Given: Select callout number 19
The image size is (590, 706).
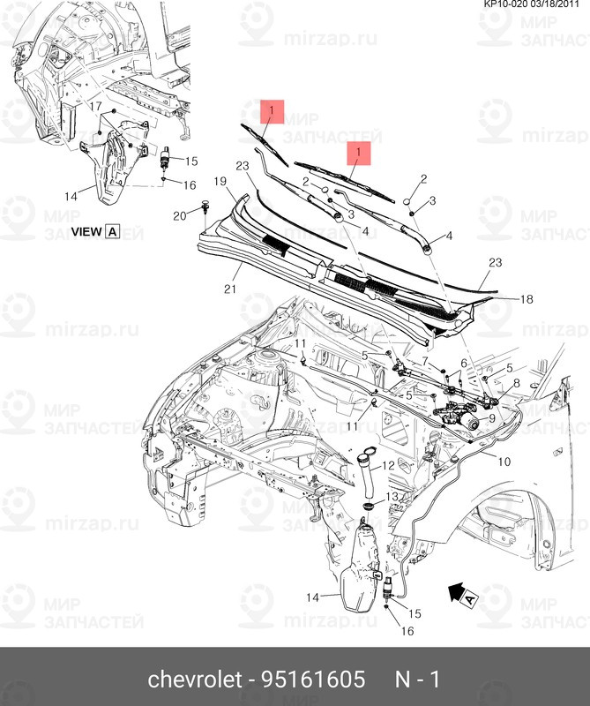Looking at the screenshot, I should point(221,181).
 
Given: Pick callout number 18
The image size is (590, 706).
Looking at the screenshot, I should point(527,300).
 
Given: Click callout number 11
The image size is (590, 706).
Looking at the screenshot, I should point(300,343).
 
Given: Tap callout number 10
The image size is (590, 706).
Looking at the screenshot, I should point(504,461).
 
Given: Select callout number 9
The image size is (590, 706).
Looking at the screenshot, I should point(491,418).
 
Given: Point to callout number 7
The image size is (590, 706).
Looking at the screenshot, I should point(422,361).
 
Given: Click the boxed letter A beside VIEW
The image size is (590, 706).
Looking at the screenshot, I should point(112,232).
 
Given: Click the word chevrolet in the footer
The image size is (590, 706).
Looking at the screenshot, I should point(193,680).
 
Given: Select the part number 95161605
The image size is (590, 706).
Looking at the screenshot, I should point(314,680).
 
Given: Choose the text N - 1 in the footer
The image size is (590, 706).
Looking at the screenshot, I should point(416,680).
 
